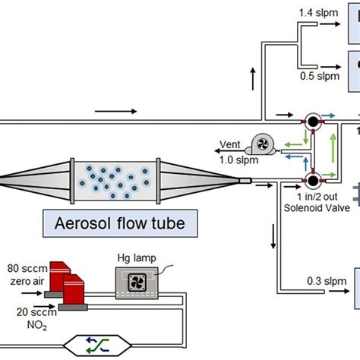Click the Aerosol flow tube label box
pyautogui.click(x=120, y=223)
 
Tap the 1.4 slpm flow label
pyautogui.click(x=318, y=13)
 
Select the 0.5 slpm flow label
pyautogui.click(x=320, y=76)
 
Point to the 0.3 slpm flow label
pyautogui.click(x=327, y=281)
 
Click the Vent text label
pyautogui.click(x=229, y=144)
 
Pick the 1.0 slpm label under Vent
pyautogui.click(x=238, y=160)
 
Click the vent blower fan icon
pyautogui.click(x=262, y=144)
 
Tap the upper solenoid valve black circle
pyautogui.click(x=313, y=122)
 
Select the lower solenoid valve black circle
pyautogui.click(x=313, y=181)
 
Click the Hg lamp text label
pyautogui.click(x=137, y=258)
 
